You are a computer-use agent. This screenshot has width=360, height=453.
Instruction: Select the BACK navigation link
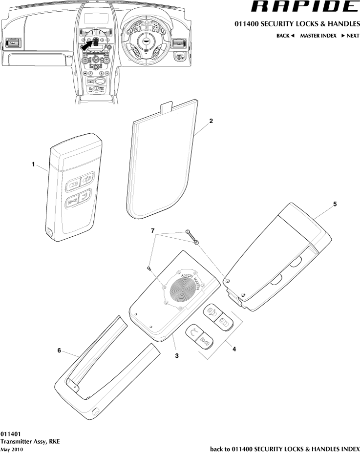click(285, 36)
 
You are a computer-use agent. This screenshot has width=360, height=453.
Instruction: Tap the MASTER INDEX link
click(318, 36)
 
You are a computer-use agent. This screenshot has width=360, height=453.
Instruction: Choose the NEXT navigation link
click(350, 36)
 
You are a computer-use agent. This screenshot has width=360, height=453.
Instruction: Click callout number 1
click(33, 165)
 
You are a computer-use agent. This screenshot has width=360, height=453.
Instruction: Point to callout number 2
click(211, 120)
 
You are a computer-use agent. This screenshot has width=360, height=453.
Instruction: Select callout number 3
click(177, 356)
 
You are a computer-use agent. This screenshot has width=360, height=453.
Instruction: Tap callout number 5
click(335, 204)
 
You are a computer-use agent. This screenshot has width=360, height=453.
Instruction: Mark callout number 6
click(59, 350)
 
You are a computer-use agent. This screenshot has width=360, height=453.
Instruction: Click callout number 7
click(152, 229)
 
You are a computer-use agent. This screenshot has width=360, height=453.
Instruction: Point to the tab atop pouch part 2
click(167, 106)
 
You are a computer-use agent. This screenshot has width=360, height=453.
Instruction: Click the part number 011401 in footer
click(10, 433)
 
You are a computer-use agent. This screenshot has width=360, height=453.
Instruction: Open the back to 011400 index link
click(284, 449)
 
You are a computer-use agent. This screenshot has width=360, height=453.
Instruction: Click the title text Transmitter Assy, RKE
click(30, 441)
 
